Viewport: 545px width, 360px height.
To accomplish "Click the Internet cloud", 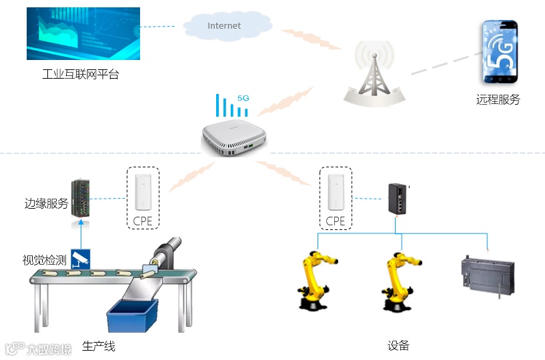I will (x=224, y=26).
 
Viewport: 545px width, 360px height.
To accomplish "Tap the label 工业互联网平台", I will (x=80, y=74).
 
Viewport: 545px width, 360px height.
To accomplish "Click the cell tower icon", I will (x=374, y=73).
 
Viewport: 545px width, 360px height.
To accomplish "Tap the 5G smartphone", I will (x=500, y=52).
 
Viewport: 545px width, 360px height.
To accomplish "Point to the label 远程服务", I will (x=498, y=100).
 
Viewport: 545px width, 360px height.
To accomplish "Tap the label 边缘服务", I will (x=46, y=204).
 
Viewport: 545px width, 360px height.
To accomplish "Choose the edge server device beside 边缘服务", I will (x=81, y=198).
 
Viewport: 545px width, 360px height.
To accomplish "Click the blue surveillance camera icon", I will (x=80, y=259).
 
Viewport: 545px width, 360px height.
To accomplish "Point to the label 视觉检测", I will (x=44, y=260).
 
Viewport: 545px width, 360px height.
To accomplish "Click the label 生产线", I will (x=99, y=347).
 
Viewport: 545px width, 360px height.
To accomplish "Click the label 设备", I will (x=398, y=345).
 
